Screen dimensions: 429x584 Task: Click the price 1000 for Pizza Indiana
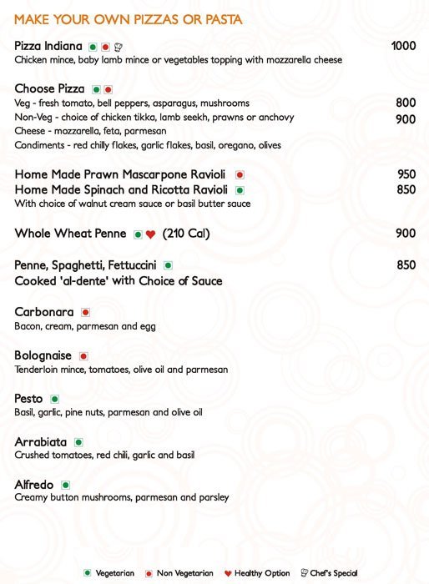[403, 47]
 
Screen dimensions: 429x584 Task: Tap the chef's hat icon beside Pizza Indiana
[118, 47]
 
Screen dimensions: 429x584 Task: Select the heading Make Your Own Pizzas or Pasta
[129, 19]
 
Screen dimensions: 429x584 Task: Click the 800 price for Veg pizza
[406, 103]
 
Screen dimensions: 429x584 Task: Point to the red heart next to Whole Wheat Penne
[150, 234]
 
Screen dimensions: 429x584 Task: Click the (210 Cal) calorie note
[186, 234]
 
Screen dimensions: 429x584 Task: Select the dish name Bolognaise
[43, 355]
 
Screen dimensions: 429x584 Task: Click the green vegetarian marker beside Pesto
[55, 400]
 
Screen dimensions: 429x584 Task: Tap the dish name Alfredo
[34, 485]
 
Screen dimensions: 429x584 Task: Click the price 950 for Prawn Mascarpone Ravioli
[406, 175]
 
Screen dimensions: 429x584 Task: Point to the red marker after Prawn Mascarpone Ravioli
[240, 175]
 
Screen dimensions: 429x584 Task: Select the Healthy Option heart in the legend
[229, 574]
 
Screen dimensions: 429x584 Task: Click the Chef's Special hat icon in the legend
[304, 574]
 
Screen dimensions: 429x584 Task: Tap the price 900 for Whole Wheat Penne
[406, 234]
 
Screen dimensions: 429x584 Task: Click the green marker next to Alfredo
[65, 485]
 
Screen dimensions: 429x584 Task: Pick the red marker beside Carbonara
[85, 312]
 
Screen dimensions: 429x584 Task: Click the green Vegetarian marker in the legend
[87, 574]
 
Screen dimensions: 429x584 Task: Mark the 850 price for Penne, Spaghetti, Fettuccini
[406, 265]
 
